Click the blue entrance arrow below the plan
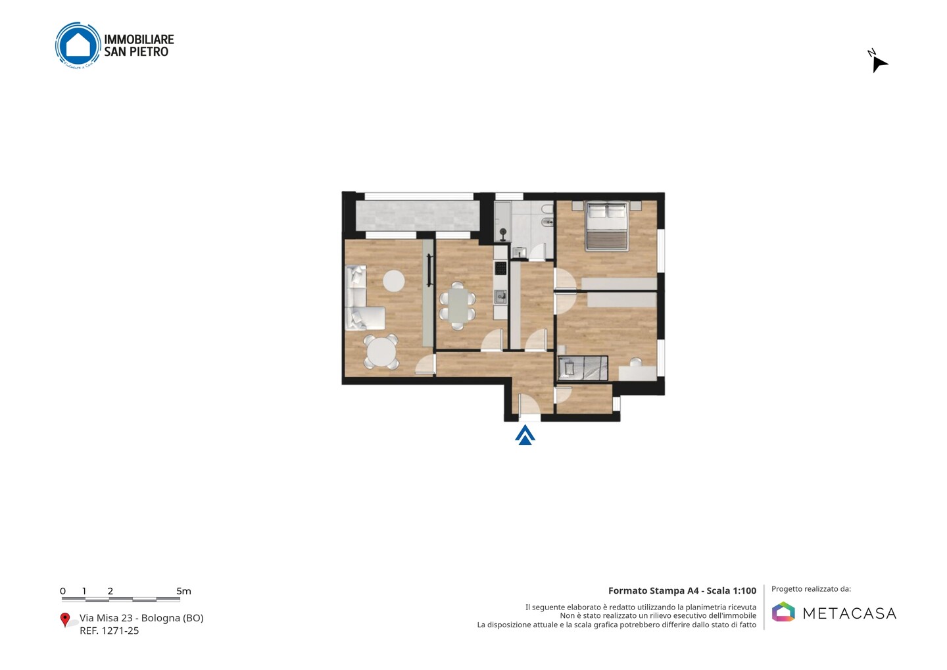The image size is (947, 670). pos(525,436)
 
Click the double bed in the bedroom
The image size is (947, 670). pos(606,226)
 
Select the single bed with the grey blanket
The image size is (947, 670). pos(583,368)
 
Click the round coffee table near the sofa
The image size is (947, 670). pos(393,280)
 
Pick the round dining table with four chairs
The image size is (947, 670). pos(381,352)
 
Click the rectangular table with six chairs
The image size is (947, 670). pos(458,305)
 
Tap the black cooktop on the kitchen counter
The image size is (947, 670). pos(500,268)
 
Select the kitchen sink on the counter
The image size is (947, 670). pos(500,297)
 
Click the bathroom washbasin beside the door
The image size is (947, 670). pos(519,253)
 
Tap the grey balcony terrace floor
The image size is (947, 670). pos(418,216)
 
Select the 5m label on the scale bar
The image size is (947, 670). pos(184,591)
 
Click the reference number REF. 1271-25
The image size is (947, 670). pos(109,631)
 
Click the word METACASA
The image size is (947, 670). pos(850,613)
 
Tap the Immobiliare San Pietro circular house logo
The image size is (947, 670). pos(78,45)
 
